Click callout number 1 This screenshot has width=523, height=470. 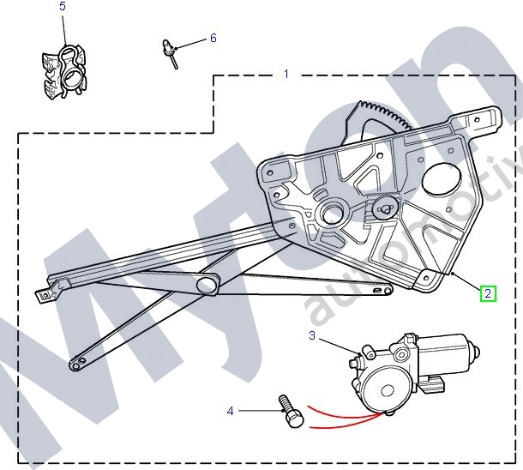pos(286,75)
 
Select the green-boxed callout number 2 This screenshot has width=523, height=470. pos(488,293)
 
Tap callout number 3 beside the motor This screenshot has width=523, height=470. pos(313,335)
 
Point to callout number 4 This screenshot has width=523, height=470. pos(230,412)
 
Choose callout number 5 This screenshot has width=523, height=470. pos(62,7)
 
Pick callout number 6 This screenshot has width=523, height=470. pos(213,39)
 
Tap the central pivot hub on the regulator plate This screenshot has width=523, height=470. pos(331,213)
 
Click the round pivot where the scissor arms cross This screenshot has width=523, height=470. pos(207,284)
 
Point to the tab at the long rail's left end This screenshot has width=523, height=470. pos(44,293)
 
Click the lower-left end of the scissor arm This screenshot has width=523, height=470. pos(77,364)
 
